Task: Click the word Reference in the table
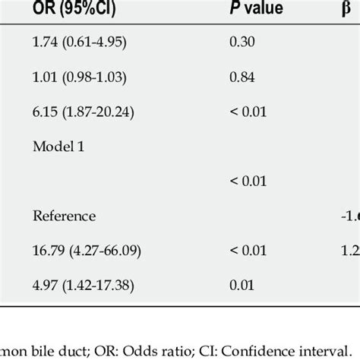pos(64,216)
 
